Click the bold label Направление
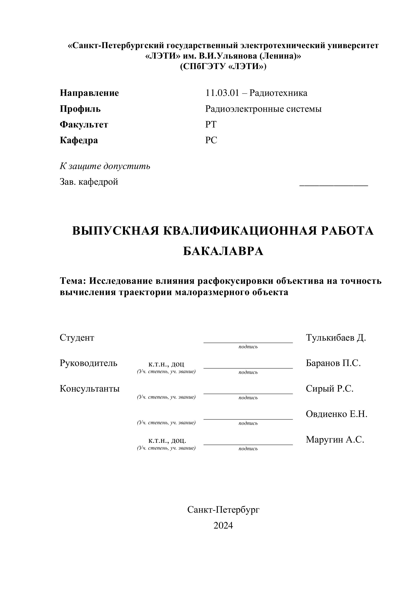click(x=89, y=93)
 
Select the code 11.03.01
click(x=222, y=93)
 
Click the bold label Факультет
click(x=84, y=125)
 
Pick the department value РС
click(x=211, y=140)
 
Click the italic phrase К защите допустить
click(x=105, y=166)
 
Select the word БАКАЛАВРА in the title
click(x=223, y=251)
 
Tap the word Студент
click(x=77, y=338)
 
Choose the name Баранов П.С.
click(x=333, y=363)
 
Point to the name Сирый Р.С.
click(x=329, y=388)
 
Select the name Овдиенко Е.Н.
click(x=336, y=414)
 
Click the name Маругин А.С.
click(x=335, y=440)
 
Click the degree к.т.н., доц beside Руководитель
click(x=166, y=364)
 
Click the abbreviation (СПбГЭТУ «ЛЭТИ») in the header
click(x=223, y=66)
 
